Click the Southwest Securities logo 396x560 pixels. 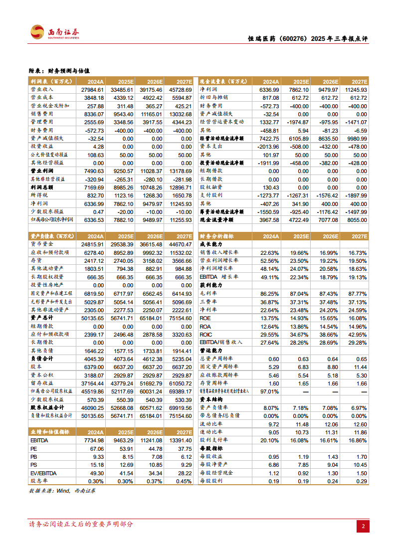(x=55, y=33)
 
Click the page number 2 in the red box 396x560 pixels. (x=363, y=526)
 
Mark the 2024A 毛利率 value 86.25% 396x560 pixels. (x=270, y=294)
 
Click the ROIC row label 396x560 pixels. (x=206, y=334)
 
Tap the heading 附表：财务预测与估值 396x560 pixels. (x=60, y=71)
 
